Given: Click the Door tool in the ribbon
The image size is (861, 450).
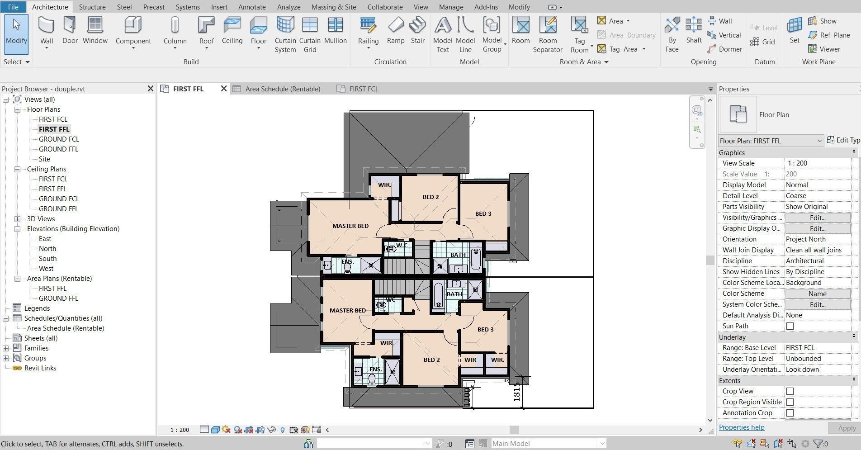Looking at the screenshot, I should pyautogui.click(x=70, y=30).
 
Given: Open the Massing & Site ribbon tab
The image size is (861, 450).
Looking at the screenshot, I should pyautogui.click(x=333, y=7).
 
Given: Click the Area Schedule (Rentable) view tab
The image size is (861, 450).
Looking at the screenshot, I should pyautogui.click(x=282, y=89).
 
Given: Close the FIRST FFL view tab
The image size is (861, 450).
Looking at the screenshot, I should pyautogui.click(x=223, y=89).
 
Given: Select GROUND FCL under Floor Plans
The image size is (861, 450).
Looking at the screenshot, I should pyautogui.click(x=59, y=139).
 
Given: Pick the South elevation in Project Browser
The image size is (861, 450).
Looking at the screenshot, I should pyautogui.click(x=47, y=259).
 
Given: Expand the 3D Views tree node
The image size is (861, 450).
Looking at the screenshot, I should pyautogui.click(x=18, y=219).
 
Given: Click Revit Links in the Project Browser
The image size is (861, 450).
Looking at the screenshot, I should pyautogui.click(x=40, y=368).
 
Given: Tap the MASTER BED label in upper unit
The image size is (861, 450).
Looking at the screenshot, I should pyautogui.click(x=350, y=226).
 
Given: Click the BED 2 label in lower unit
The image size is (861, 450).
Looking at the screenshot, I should pyautogui.click(x=431, y=360).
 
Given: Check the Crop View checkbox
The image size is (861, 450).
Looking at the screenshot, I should pyautogui.click(x=790, y=391).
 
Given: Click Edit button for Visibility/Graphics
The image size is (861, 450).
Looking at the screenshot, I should pyautogui.click(x=817, y=218).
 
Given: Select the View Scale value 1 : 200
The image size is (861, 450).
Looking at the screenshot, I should pyautogui.click(x=817, y=163).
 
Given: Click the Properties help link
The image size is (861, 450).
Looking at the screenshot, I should pyautogui.click(x=741, y=427).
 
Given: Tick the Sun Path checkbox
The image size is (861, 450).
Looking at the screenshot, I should pyautogui.click(x=790, y=326).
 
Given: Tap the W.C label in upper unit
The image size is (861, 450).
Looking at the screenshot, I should pyautogui.click(x=402, y=246).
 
